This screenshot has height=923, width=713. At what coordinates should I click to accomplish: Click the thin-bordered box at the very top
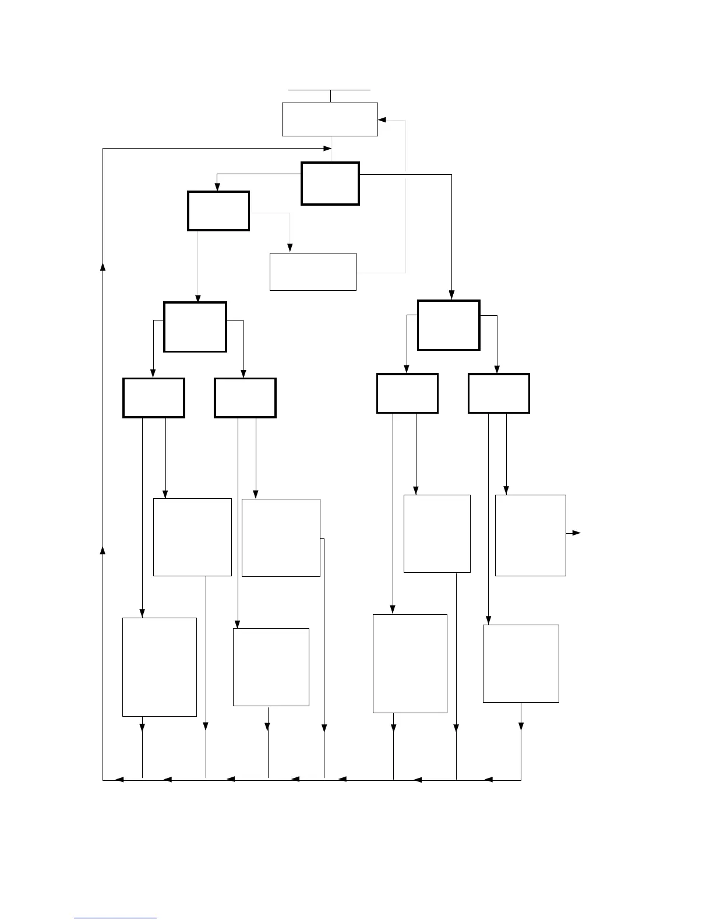330,119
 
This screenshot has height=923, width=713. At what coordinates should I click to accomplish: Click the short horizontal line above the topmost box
330,90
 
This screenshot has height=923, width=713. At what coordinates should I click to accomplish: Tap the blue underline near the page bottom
115,918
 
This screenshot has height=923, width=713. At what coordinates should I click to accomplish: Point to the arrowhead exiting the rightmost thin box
576,533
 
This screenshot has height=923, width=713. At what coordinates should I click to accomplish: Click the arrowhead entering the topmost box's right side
382,120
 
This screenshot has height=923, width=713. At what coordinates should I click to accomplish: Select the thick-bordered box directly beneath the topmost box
330,184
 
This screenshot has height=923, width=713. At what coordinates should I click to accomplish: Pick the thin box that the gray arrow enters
313,272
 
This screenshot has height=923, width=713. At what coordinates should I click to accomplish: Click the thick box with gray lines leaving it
218,211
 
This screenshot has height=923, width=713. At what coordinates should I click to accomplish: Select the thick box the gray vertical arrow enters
195,327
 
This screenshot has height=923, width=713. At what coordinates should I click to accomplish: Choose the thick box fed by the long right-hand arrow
449,325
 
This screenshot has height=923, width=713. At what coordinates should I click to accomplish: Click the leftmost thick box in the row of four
154,398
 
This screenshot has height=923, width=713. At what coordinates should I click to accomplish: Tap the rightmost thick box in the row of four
499,393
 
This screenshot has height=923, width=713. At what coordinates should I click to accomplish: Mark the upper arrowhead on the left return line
103,266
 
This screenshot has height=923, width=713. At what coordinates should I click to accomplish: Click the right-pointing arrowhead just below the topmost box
327,149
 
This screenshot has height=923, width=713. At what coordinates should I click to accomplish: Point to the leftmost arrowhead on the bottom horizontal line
119,780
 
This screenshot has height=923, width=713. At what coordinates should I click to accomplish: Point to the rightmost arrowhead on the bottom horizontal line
489,780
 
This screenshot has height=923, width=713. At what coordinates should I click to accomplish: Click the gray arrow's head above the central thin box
290,248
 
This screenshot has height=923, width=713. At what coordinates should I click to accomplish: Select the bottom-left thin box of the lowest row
160,667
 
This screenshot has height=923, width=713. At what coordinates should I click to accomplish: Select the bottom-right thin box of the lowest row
521,663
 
